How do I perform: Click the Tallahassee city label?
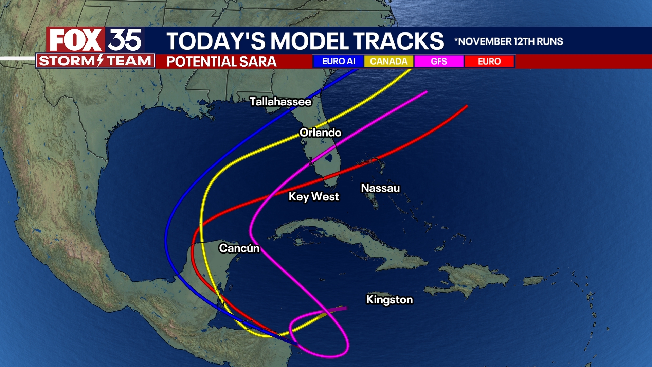point(280,102)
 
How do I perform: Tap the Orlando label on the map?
point(320,133)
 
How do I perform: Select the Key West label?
point(314,196)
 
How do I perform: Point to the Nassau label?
point(380,188)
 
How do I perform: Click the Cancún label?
point(239,248)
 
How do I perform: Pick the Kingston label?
point(389,299)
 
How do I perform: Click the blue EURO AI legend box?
point(338,62)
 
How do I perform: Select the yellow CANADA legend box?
point(388,62)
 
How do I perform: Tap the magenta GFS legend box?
point(439,62)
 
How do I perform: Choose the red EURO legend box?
point(489,62)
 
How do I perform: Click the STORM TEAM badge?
point(95,61)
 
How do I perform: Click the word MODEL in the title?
point(309,41)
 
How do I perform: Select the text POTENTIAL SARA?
point(221,62)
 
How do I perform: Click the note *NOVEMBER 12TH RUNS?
point(509,41)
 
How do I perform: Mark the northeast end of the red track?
point(467,106)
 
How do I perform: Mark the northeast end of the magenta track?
point(426,91)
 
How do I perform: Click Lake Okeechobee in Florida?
point(328,157)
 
